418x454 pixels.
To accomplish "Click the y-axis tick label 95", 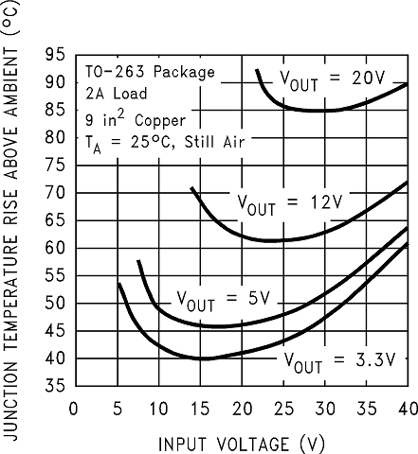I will [55, 55].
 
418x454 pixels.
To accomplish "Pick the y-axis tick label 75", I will [55, 166].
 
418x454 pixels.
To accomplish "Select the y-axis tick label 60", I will [55, 249].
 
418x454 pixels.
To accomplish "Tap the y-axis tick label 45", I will [55, 331].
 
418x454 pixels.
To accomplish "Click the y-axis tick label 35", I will [55, 386].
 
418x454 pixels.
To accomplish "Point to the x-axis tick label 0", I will [74, 410].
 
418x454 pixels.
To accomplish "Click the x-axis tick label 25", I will [282, 410].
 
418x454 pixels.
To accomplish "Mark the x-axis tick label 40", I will [407, 410].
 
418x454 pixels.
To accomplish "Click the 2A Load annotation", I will [118, 95].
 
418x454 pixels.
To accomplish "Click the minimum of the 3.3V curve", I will [203, 359].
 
